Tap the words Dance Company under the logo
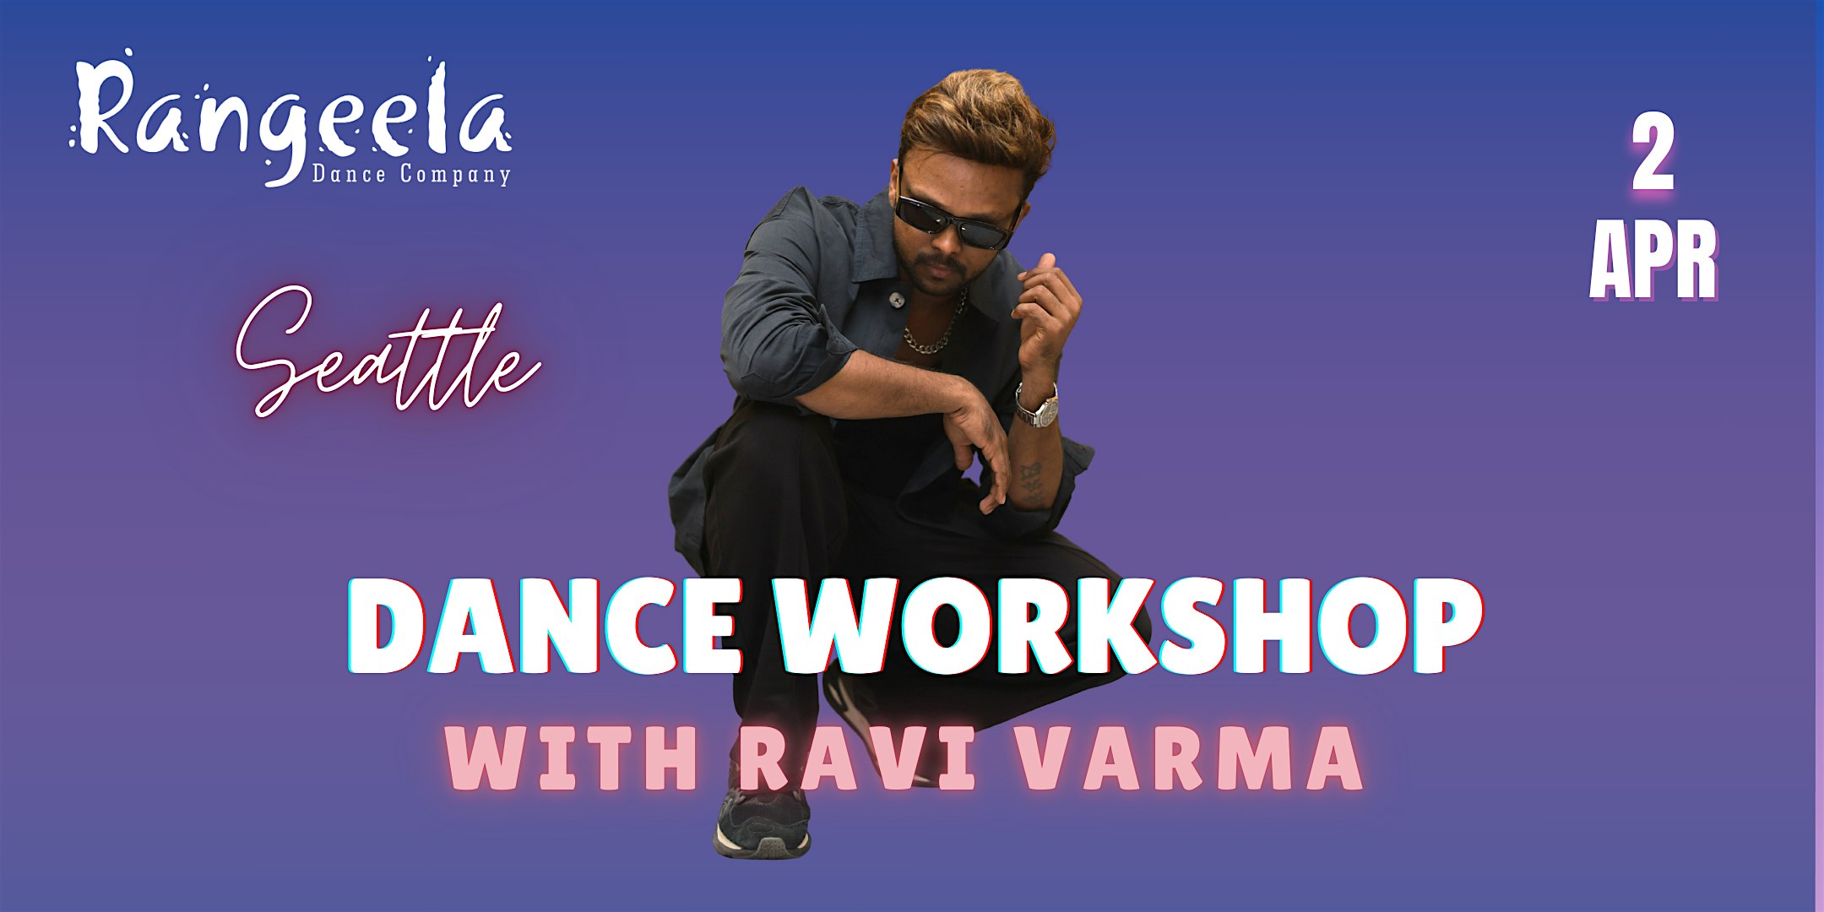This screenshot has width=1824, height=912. pyautogui.click(x=411, y=174)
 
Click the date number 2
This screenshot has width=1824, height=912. pyautogui.click(x=1653, y=156)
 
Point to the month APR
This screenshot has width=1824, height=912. pyautogui.click(x=1653, y=262)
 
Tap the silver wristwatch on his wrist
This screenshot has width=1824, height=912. pyautogui.click(x=1038, y=406)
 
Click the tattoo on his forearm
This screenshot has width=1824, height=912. pyautogui.click(x=1030, y=481)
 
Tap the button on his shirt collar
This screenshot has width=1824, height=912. pyautogui.click(x=897, y=297)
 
